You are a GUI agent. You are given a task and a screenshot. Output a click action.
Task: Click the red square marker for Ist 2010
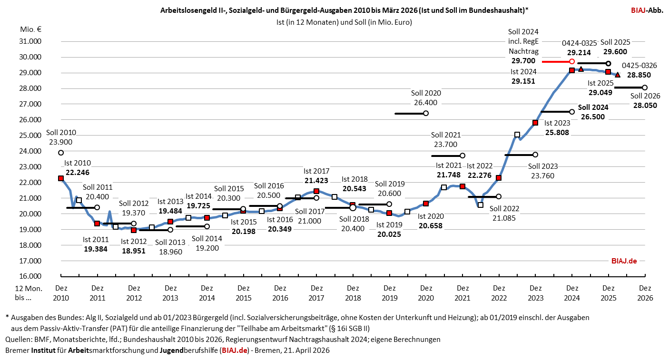coord(61,178)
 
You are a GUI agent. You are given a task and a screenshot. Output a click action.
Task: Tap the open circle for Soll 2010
coord(61,153)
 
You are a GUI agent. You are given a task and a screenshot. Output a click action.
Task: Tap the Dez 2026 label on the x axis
coord(645,292)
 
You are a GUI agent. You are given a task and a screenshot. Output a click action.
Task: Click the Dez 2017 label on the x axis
coord(316,292)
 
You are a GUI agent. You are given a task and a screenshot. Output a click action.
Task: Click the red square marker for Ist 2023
coord(535,123)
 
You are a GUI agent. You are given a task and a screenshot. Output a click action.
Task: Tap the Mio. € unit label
coord(30,29)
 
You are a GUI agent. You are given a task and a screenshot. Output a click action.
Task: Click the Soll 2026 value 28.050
coord(645,105)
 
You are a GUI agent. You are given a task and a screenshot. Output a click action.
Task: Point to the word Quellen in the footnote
coord(18,340)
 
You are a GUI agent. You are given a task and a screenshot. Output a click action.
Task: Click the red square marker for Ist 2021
coord(462,186)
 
